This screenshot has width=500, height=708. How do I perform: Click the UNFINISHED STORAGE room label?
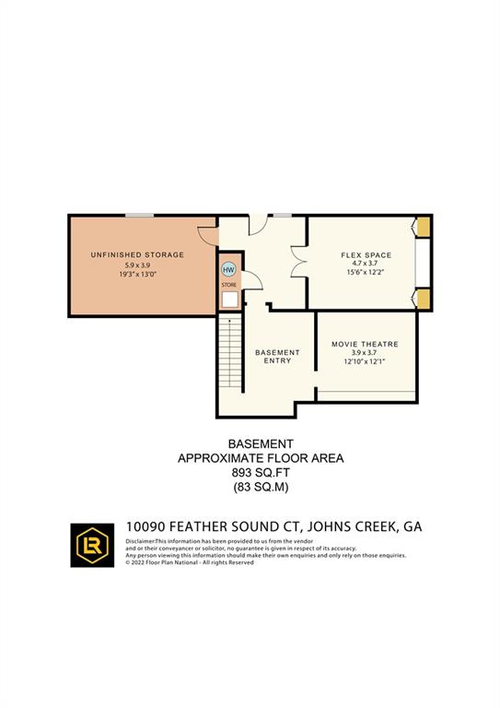(137, 254)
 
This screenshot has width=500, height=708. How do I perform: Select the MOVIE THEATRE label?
(366, 344)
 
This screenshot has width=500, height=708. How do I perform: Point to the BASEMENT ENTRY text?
(277, 357)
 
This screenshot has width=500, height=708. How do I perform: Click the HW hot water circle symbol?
(229, 269)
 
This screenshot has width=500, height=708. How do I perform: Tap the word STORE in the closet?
(228, 285)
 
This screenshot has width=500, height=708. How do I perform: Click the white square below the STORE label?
(229, 299)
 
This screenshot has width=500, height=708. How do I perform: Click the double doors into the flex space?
(297, 262)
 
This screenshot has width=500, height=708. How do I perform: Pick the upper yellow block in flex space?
(424, 227)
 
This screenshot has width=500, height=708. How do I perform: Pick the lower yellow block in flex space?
(424, 298)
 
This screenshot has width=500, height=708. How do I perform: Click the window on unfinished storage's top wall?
(140, 216)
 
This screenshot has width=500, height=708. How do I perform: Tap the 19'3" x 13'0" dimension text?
(137, 275)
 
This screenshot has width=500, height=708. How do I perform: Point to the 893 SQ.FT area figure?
(250, 472)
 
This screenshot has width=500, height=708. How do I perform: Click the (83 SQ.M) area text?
(250, 486)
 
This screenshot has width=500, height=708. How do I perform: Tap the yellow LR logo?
(93, 545)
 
